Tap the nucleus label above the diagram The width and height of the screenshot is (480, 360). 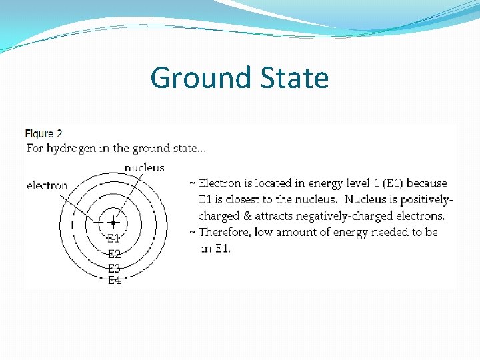pyautogui.click(x=144, y=168)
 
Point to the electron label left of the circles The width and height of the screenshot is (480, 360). pyautogui.click(x=47, y=185)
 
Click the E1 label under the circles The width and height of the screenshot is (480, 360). pyautogui.click(x=114, y=238)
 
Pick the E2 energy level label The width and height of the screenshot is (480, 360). pyautogui.click(x=114, y=254)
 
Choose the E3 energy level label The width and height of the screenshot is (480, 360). pyautogui.click(x=114, y=269)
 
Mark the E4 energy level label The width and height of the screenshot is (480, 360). pyautogui.click(x=114, y=281)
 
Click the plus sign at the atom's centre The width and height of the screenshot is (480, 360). pyautogui.click(x=113, y=222)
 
